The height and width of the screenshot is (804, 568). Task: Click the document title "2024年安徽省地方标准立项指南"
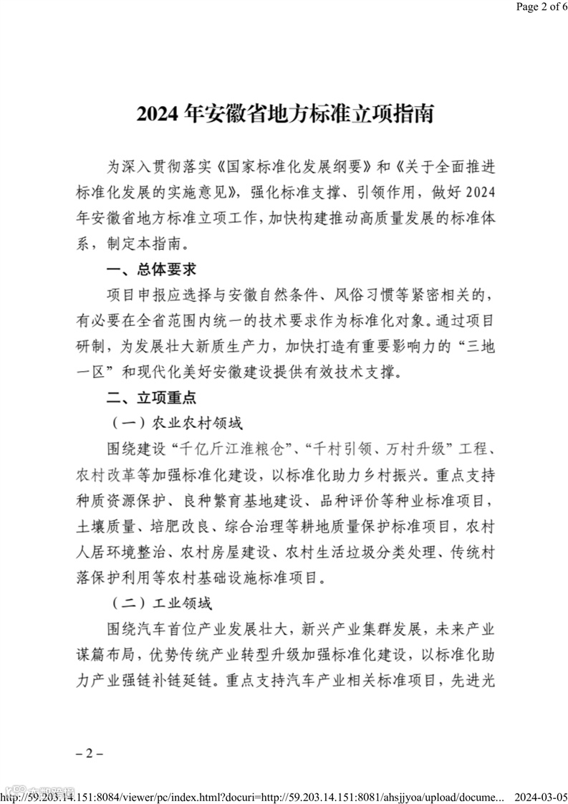(x=285, y=114)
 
